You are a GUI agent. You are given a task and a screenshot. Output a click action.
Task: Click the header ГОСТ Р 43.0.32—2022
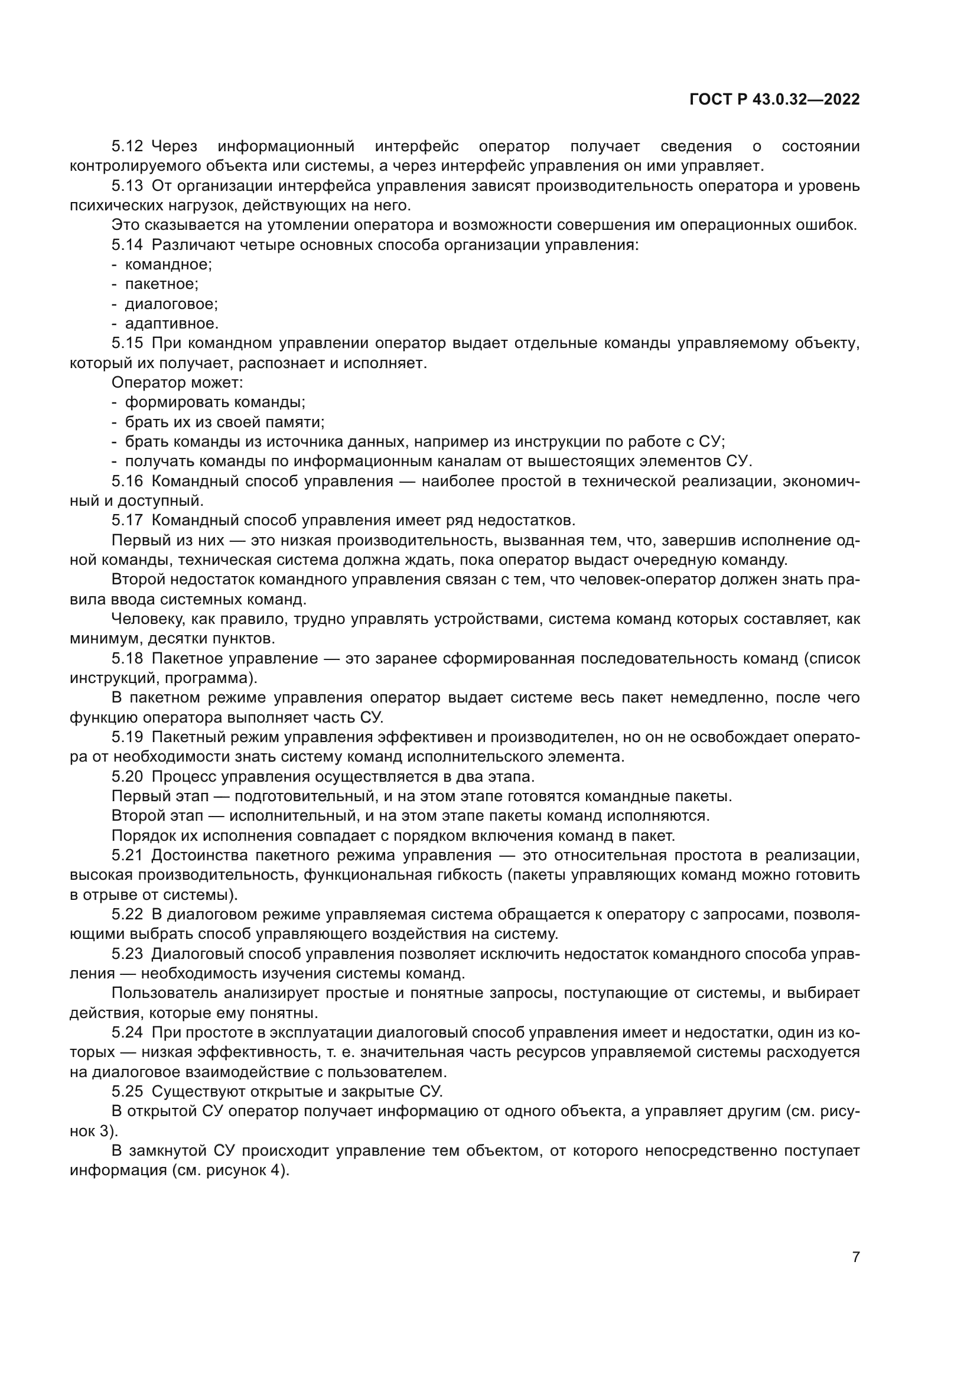[774, 100]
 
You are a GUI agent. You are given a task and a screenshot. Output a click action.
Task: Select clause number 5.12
[127, 147]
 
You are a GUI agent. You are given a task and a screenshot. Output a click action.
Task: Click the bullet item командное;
[168, 264]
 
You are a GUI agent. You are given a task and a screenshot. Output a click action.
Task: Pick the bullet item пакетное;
[161, 284]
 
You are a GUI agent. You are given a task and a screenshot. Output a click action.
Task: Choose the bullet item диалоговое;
[171, 304]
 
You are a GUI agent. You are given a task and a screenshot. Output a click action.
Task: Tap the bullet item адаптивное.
[171, 324]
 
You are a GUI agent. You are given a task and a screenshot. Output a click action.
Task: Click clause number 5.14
[127, 245]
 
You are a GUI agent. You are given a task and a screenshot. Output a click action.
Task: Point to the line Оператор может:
[177, 383]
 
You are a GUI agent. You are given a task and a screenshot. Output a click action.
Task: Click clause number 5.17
[127, 521]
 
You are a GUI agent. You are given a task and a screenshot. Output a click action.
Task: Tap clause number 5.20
[127, 777]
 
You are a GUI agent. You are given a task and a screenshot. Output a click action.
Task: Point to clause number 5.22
[127, 915]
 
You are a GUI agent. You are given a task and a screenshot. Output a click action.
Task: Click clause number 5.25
[127, 1092]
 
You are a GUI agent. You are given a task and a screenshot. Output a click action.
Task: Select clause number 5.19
[127, 737]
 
